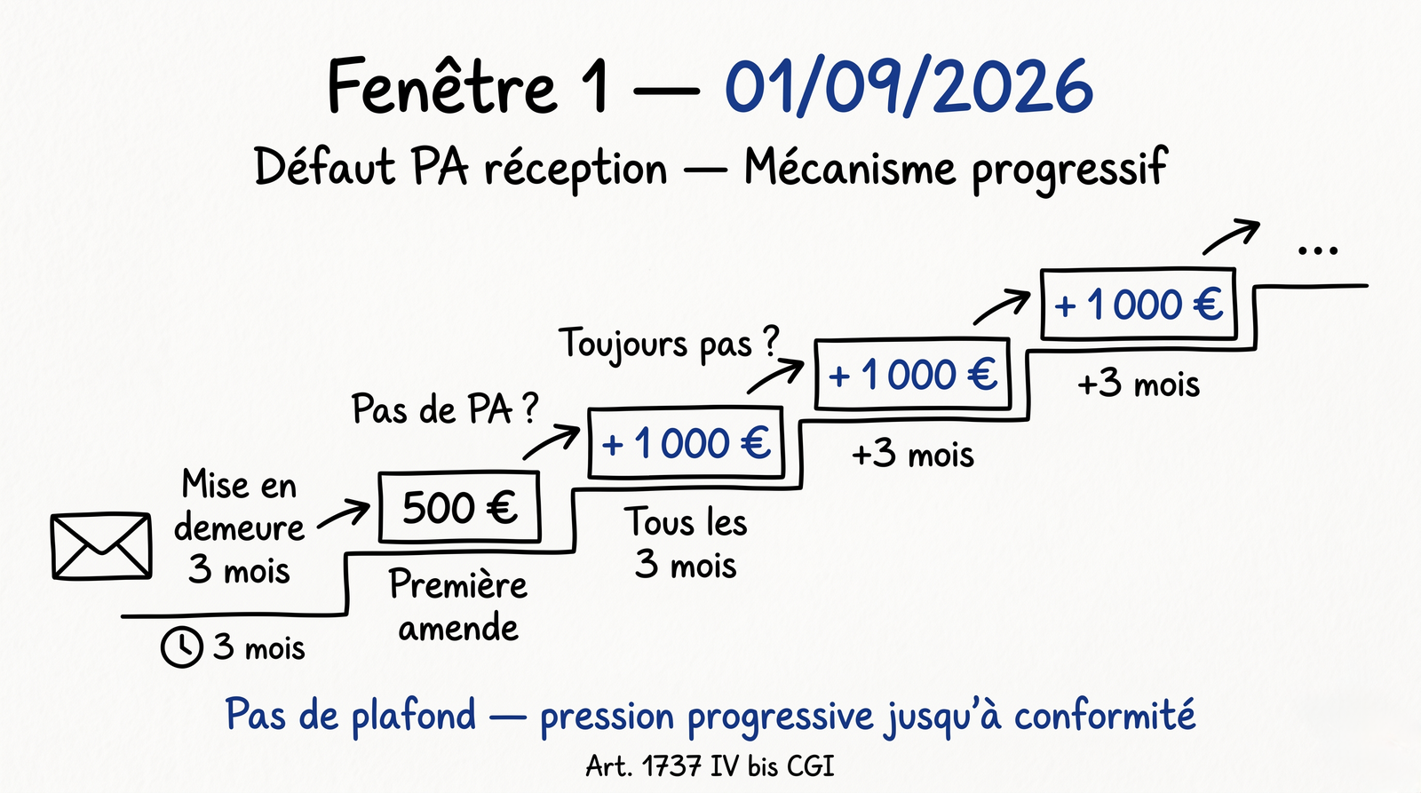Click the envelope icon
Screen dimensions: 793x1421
tap(101, 546)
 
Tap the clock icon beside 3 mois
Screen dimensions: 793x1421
tap(181, 646)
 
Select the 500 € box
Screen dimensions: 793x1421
tap(459, 507)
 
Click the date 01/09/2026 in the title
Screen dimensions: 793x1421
tap(909, 87)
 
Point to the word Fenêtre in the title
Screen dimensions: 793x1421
tap(441, 87)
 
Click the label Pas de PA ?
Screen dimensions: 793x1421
tap(444, 409)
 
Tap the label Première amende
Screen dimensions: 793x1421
tap(458, 606)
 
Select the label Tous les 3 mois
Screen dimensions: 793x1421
tap(685, 543)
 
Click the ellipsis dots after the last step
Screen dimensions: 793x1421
tap(1317, 250)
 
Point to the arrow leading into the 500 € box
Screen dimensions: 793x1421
tap(344, 515)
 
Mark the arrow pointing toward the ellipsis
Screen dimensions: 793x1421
tap(1231, 237)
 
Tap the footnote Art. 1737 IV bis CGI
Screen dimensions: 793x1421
tap(710, 765)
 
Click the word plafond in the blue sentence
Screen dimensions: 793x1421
tap(414, 716)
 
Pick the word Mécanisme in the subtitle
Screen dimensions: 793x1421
tap(850, 168)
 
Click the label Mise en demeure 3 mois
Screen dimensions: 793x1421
tap(239, 527)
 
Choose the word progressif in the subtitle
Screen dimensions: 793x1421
tap(1069, 169)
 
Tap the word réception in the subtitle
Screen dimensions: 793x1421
tap(576, 169)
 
